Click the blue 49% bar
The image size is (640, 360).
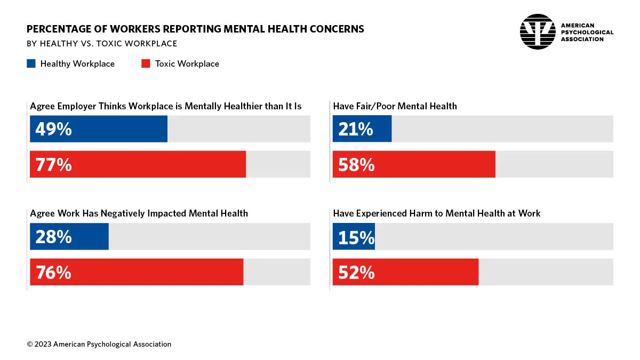(99, 129)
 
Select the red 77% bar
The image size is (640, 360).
(138, 164)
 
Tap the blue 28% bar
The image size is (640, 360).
(69, 237)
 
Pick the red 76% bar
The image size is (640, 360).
(137, 272)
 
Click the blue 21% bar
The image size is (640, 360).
(362, 129)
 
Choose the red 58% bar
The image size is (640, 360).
(414, 164)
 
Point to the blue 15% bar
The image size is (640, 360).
(354, 237)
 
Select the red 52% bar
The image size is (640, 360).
(405, 272)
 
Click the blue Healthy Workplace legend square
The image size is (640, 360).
(31, 63)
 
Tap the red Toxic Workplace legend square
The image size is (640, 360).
(146, 63)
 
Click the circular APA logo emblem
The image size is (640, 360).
(538, 32)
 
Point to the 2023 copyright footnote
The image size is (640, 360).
(99, 344)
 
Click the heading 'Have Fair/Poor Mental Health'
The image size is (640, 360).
(395, 106)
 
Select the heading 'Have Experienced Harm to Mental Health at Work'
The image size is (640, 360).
(436, 213)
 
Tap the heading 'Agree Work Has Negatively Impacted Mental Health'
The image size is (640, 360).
(139, 213)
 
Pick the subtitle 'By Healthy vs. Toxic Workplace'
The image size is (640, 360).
(102, 44)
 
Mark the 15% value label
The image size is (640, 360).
(356, 237)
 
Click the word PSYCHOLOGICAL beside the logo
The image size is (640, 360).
(587, 33)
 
